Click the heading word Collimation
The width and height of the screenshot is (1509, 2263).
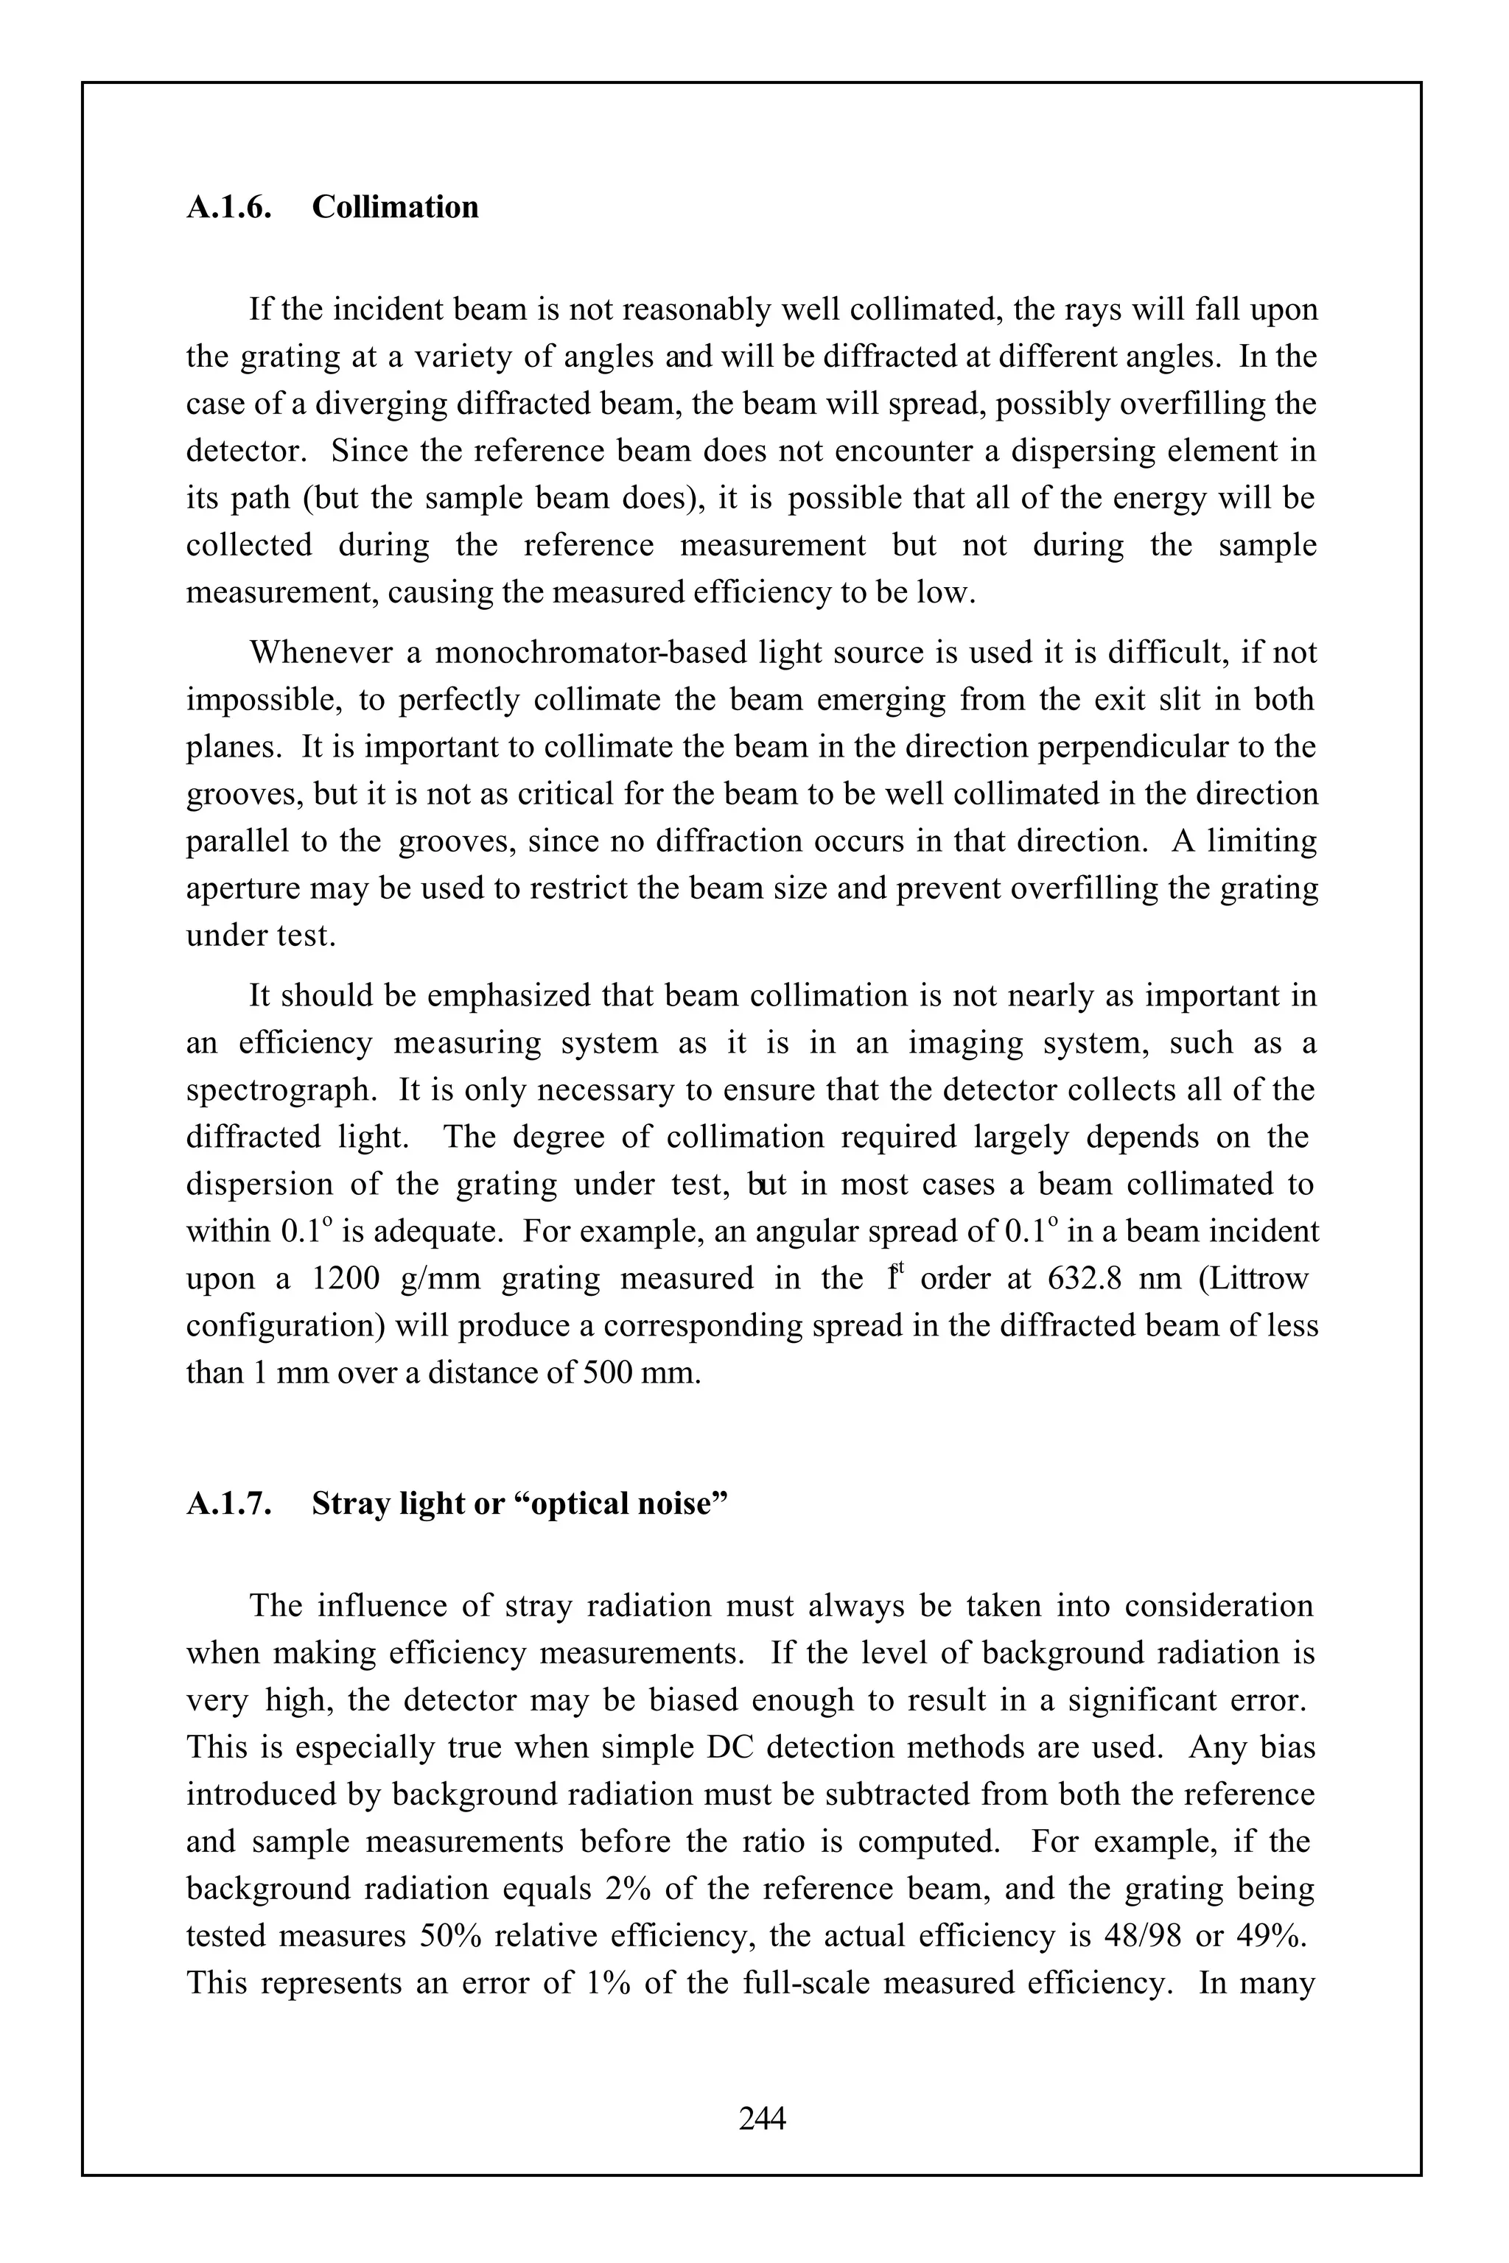pyautogui.click(x=395, y=207)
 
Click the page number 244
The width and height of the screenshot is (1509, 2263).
pyautogui.click(x=762, y=2118)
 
